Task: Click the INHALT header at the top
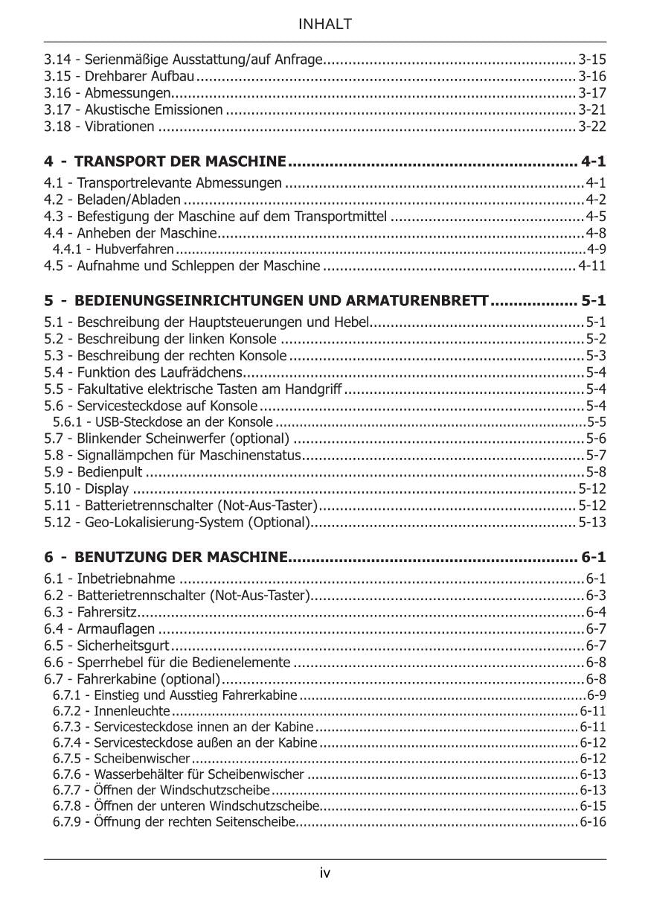325,25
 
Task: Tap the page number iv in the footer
325,873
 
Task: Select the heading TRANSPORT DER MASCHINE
181,162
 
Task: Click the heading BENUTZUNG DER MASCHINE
181,557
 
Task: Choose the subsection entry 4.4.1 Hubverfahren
113,249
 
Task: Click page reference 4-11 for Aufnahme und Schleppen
592,266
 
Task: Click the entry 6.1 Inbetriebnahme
110,579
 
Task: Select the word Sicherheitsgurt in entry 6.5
123,646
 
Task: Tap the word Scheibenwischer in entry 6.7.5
142,759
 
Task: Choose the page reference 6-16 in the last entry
593,823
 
